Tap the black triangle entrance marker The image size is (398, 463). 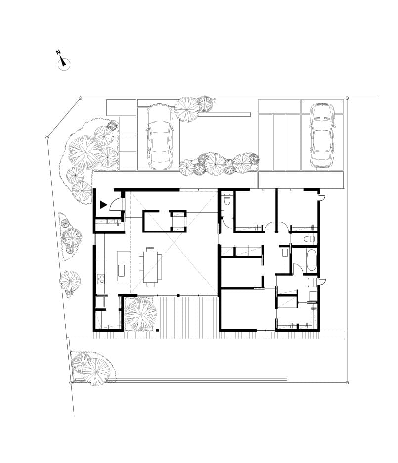pos(103,205)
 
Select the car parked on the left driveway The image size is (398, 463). pos(160,137)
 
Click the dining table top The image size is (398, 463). pos(151,267)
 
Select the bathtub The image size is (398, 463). pos(311,260)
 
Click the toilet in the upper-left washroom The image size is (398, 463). pos(227,199)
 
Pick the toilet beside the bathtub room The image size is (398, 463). pos(309,239)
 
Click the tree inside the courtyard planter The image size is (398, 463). pos(140,315)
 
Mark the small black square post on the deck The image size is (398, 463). pos(158,330)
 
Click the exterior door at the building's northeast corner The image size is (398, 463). pos(322,197)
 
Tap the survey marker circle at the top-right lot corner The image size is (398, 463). pos(347,98)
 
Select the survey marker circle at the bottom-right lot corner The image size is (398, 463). pos(347,382)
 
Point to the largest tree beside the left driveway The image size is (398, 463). pos(85,152)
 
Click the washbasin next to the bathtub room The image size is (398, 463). pos(285,253)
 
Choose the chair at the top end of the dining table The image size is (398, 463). pos(150,249)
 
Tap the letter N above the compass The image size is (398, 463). pos(58,52)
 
